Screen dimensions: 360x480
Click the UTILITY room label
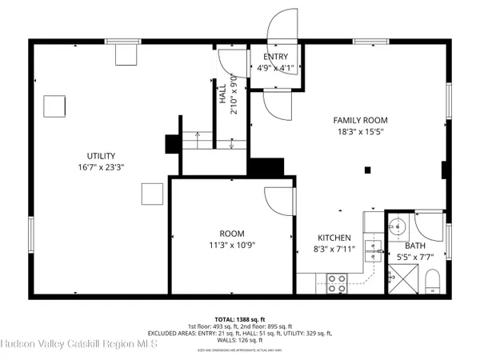(102, 155)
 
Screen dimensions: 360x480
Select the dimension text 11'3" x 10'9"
(232, 245)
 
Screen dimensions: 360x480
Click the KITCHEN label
(334, 238)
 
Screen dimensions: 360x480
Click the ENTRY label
(276, 57)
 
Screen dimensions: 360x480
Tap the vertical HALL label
(223, 95)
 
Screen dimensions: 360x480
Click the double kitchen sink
(372, 251)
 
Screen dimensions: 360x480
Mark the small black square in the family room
(367, 169)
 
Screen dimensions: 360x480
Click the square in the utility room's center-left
(54, 106)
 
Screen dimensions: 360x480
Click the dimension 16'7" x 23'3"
(102, 167)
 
